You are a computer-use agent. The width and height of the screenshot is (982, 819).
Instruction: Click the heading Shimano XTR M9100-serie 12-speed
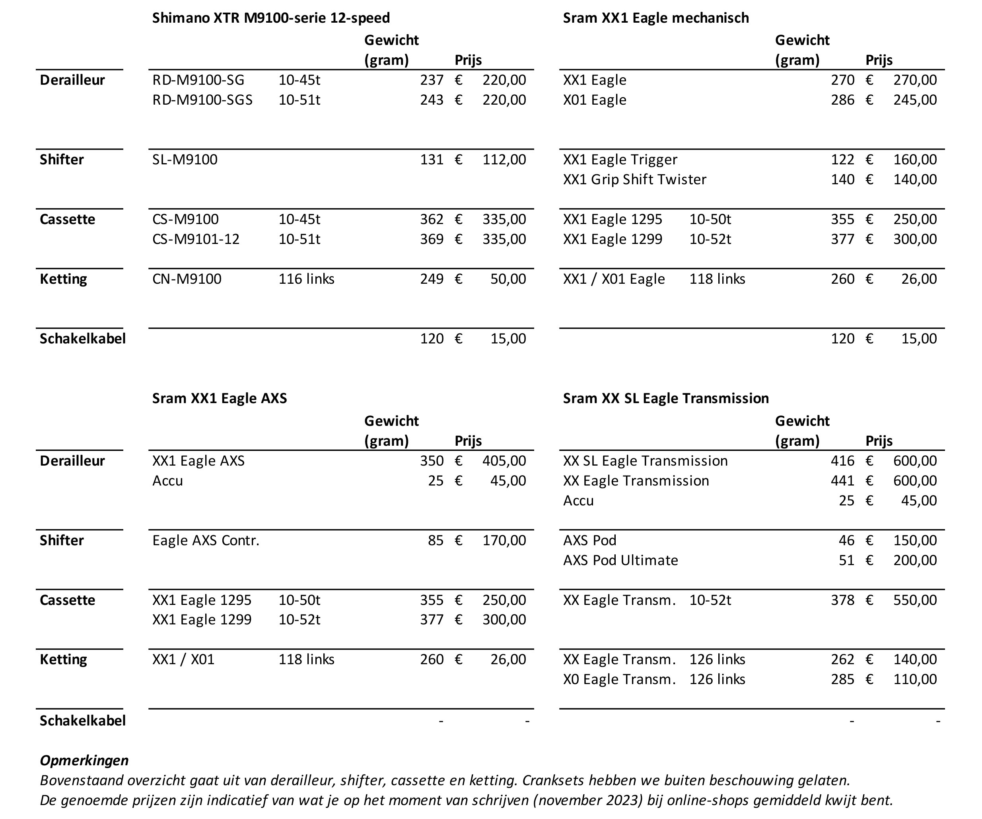pos(271,18)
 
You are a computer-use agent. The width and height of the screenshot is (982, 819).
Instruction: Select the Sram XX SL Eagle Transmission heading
pos(665,398)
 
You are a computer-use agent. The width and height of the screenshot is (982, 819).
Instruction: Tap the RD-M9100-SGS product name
pos(202,99)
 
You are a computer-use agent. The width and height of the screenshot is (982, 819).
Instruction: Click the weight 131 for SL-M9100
pos(431,160)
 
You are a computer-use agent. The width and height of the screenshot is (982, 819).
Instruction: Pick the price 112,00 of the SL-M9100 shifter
pos(504,160)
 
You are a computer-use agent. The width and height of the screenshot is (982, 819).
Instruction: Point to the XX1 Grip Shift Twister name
pos(634,179)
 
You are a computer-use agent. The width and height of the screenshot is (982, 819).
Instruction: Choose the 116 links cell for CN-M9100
pos(306,279)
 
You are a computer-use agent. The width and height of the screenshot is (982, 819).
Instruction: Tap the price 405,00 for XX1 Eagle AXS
pos(504,461)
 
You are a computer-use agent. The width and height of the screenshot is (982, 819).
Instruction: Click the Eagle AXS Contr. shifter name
pos(205,540)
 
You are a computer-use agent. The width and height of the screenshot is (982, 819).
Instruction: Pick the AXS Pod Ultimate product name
pos(620,560)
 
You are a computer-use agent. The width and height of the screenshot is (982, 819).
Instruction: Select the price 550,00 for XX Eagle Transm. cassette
pos(915,600)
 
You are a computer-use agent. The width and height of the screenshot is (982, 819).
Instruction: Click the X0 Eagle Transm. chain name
pos(619,679)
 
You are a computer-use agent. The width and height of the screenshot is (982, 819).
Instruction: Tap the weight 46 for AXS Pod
pos(846,540)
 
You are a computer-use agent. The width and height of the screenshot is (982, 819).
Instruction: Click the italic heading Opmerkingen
pos(84,760)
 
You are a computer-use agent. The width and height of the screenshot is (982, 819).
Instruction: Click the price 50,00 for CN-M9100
pos(508,279)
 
